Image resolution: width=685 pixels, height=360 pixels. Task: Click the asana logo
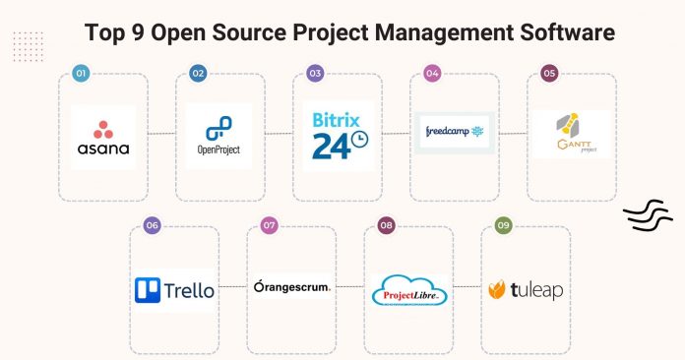coord(103,138)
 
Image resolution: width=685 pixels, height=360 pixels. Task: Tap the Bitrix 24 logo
coord(338,136)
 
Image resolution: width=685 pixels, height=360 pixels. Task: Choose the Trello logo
coord(174,290)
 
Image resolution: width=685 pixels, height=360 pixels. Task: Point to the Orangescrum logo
coord(291,288)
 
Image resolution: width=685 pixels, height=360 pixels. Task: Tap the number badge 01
coord(82,74)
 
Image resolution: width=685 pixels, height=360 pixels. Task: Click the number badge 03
coord(315,74)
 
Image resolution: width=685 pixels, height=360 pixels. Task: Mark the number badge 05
coord(549,74)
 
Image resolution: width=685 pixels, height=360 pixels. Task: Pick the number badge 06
coord(152,225)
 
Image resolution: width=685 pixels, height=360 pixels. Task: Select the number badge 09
coord(503,225)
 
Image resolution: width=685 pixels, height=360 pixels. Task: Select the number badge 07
coord(269,225)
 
